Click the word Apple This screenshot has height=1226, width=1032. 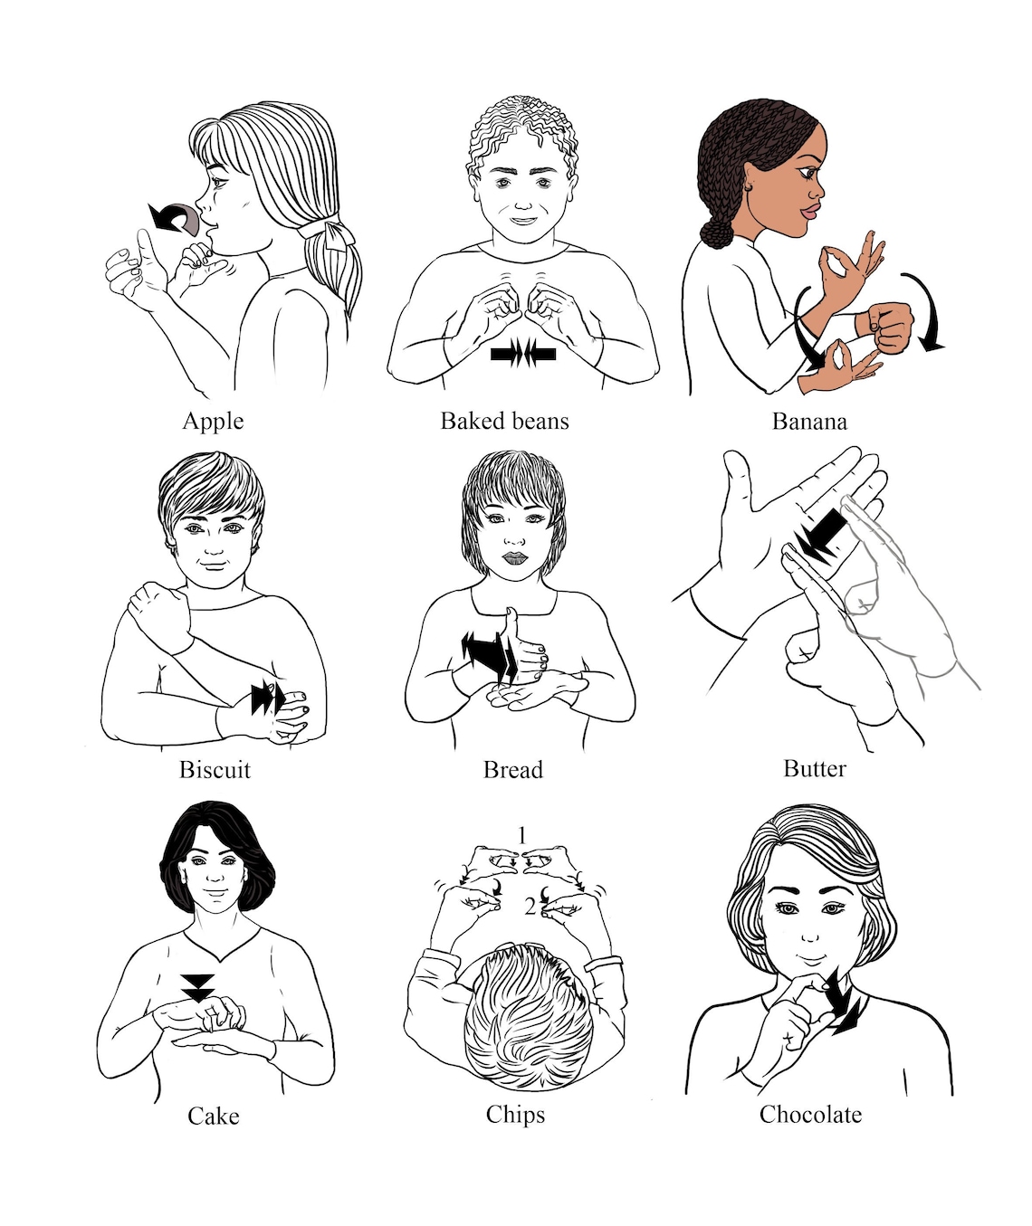[213, 422]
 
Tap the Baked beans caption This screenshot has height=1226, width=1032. [504, 422]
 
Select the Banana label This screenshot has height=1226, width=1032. [809, 422]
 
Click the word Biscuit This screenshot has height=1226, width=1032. [215, 770]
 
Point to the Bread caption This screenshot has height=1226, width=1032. [512, 770]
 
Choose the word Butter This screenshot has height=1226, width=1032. [814, 769]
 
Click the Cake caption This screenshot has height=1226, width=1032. [213, 1117]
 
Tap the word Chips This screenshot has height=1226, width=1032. [515, 1115]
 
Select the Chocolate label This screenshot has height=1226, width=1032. [810, 1115]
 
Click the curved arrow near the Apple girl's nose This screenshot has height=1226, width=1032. [174, 218]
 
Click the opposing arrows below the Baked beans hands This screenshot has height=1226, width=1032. [523, 354]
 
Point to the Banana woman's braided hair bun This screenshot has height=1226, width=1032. [718, 233]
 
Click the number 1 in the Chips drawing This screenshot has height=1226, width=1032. [521, 835]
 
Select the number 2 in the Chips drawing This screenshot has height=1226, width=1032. [530, 905]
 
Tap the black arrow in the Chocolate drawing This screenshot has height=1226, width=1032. [844, 1009]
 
